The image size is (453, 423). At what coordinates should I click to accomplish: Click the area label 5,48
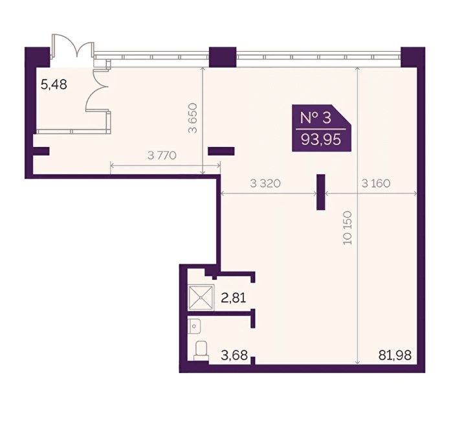pyautogui.click(x=54, y=85)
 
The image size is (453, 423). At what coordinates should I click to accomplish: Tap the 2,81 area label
pyautogui.click(x=234, y=298)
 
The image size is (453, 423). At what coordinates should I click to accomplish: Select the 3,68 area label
pyautogui.click(x=234, y=355)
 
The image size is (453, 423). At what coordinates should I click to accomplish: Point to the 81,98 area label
pyautogui.click(x=395, y=355)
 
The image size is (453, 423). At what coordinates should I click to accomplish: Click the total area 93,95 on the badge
pyautogui.click(x=321, y=140)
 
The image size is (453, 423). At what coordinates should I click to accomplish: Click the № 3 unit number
pyautogui.click(x=316, y=118)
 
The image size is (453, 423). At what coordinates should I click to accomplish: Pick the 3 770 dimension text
pyautogui.click(x=162, y=155)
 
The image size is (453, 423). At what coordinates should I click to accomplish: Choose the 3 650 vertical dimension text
pyautogui.click(x=192, y=118)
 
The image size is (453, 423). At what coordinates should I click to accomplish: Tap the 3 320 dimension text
pyautogui.click(x=265, y=183)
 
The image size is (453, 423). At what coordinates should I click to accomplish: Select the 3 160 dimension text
pyautogui.click(x=376, y=183)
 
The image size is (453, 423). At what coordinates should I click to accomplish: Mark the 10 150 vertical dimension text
pyautogui.click(x=348, y=228)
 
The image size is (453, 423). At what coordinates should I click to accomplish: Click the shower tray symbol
pyautogui.click(x=201, y=297)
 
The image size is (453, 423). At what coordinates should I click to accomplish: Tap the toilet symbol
pyautogui.click(x=201, y=350)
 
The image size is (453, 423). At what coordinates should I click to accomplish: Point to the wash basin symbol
pyautogui.click(x=194, y=326)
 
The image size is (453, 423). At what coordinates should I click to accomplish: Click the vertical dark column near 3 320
pyautogui.click(x=321, y=192)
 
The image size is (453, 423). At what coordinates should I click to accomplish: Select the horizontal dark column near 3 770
pyautogui.click(x=221, y=151)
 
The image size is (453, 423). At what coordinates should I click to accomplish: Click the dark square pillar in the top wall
pyautogui.click(x=223, y=57)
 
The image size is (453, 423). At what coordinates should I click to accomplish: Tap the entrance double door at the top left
pyautogui.click(x=72, y=46)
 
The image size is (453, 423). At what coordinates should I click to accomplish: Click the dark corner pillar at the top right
pyautogui.click(x=413, y=57)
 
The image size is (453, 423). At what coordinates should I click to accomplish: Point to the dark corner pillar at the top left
pyautogui.click(x=38, y=57)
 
